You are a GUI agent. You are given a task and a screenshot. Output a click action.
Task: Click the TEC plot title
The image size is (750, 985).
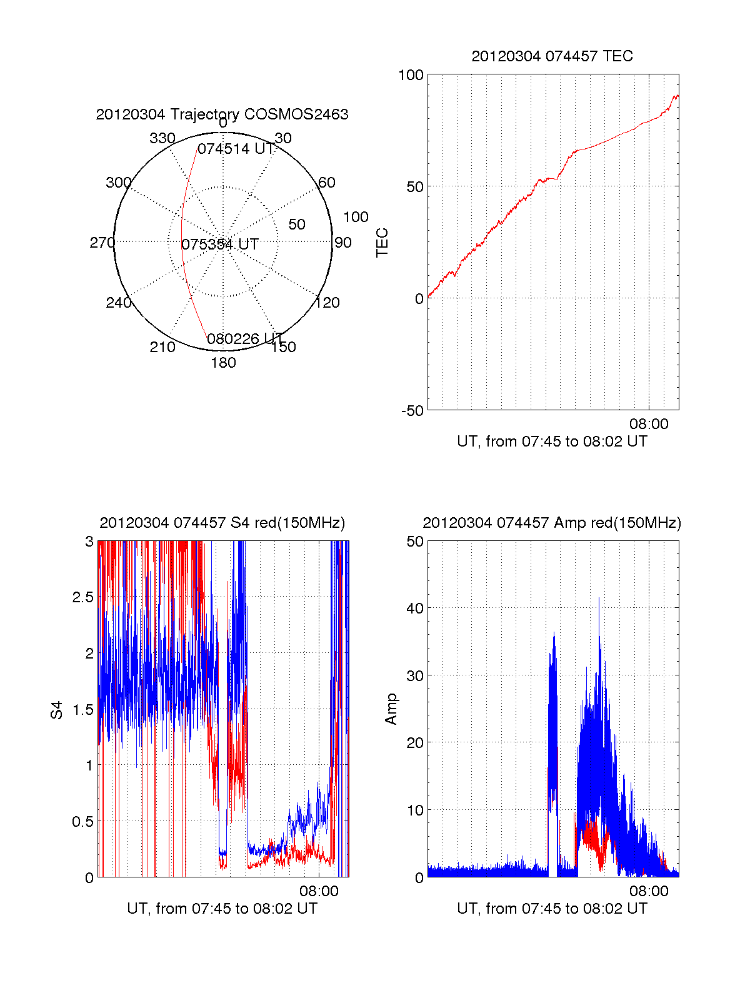pyautogui.click(x=552, y=56)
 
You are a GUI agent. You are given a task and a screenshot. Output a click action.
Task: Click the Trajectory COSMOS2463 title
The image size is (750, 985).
pyautogui.click(x=222, y=114)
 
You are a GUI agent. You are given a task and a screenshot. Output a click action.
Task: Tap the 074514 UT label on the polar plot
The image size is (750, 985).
pyautogui.click(x=236, y=149)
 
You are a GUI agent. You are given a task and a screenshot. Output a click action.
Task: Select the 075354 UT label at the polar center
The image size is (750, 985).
pyautogui.click(x=220, y=245)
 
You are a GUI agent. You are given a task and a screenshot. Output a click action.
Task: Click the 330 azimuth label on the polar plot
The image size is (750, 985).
pyautogui.click(x=162, y=138)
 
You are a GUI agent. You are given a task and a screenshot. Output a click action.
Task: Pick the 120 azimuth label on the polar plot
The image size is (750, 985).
pyautogui.click(x=327, y=303)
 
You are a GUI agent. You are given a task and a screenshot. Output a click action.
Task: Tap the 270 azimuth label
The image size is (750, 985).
pyautogui.click(x=102, y=243)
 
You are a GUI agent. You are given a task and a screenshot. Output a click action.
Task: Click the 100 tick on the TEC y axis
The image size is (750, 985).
pyautogui.click(x=411, y=75)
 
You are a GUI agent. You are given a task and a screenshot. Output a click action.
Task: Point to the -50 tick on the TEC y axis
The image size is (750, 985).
pyautogui.click(x=412, y=410)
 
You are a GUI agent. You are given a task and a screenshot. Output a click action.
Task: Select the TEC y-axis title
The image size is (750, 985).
pyautogui.click(x=382, y=243)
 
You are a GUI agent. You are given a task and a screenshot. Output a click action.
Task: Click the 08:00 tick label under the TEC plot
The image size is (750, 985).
pyautogui.click(x=649, y=424)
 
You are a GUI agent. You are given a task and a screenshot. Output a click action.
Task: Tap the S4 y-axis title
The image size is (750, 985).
pyautogui.click(x=56, y=710)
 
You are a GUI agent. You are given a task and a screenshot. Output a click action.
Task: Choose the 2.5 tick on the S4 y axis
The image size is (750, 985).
pyautogui.click(x=82, y=597)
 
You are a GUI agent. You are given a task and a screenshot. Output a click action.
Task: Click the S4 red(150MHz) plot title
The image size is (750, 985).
pyautogui.click(x=222, y=523)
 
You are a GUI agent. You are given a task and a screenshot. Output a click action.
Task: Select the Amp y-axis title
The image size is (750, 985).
pyautogui.click(x=391, y=709)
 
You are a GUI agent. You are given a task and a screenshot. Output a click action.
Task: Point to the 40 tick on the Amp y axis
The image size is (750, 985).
pyautogui.click(x=415, y=608)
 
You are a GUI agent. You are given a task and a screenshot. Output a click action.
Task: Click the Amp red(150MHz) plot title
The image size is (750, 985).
pyautogui.click(x=552, y=523)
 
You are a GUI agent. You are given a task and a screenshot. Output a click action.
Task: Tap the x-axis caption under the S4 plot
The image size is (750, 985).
pyautogui.click(x=222, y=909)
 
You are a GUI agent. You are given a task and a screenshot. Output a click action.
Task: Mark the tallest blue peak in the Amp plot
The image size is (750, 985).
pyautogui.click(x=599, y=599)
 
